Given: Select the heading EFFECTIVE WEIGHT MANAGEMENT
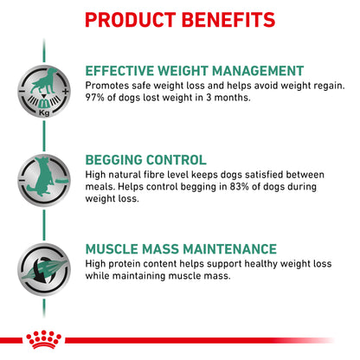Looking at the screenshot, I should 195,70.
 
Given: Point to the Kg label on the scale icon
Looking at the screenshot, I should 42,113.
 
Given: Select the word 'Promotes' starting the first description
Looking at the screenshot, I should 108,85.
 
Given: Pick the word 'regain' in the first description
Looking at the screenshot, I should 319,85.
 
